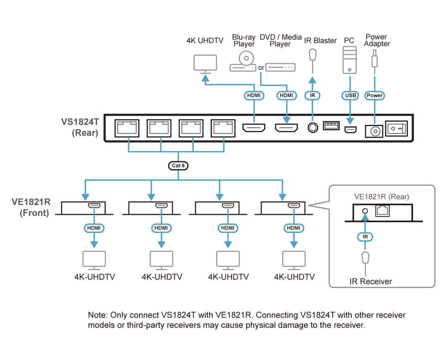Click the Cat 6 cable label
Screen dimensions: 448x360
(178, 166)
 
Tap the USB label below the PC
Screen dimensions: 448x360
(350, 95)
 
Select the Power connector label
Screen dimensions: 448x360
(374, 95)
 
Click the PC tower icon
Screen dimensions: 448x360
(349, 60)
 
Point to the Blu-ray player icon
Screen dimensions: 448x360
(243, 61)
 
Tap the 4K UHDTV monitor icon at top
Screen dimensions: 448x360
(205, 64)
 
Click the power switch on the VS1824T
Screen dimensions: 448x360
(397, 129)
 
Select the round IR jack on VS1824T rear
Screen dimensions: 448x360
(313, 128)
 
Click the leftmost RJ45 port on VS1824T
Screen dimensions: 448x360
(127, 129)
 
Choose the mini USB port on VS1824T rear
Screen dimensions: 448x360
(350, 130)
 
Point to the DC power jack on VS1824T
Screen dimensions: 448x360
(374, 131)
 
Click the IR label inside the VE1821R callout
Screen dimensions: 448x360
(365, 237)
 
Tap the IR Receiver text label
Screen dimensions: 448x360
(371, 281)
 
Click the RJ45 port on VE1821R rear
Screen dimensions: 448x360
(382, 211)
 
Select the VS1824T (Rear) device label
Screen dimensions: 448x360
(80, 127)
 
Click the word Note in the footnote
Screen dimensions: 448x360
(97, 315)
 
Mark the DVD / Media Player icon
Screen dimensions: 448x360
(280, 67)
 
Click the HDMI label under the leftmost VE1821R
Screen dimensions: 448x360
(94, 228)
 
